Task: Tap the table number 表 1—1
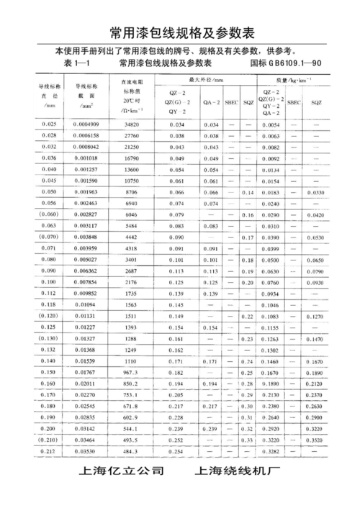(x=69, y=63)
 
